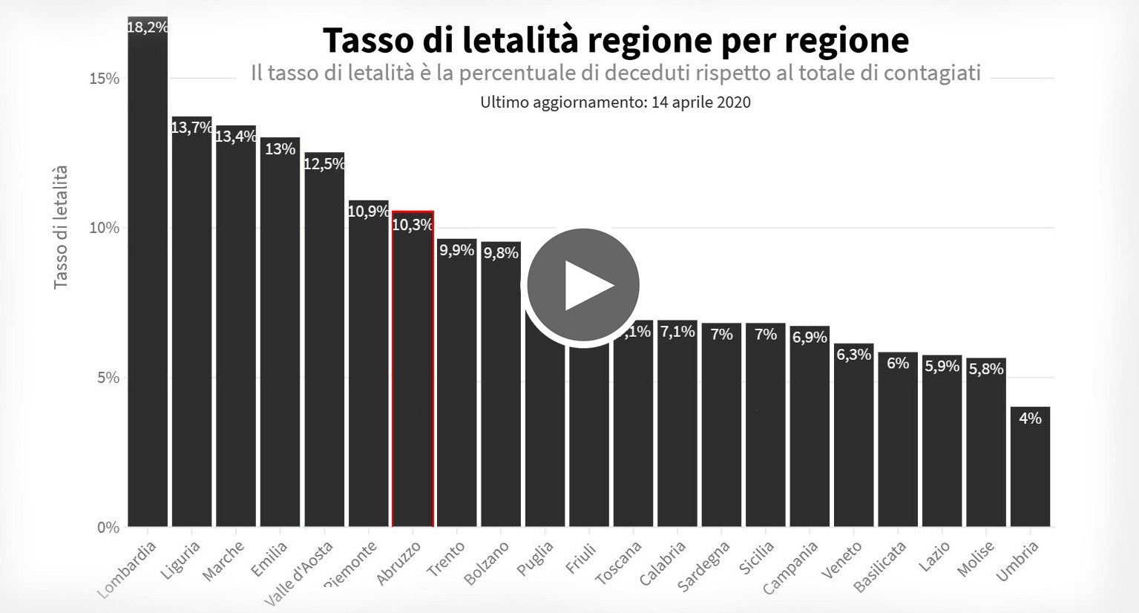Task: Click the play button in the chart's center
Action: (x=583, y=285)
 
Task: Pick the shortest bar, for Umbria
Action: (x=1030, y=475)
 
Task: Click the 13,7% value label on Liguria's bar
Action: (x=191, y=128)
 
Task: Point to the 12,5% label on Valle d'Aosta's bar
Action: (x=324, y=164)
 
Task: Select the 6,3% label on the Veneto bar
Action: (x=853, y=355)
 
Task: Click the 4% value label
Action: (x=1030, y=419)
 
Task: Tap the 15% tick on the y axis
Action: (x=105, y=79)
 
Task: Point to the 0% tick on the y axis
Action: (x=108, y=528)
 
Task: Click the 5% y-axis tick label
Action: (x=108, y=378)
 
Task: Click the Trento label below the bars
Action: (x=446, y=559)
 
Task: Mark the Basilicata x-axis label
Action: (x=880, y=566)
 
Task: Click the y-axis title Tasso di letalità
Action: (x=61, y=227)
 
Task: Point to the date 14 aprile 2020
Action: (x=701, y=102)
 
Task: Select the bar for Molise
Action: (x=985, y=445)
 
